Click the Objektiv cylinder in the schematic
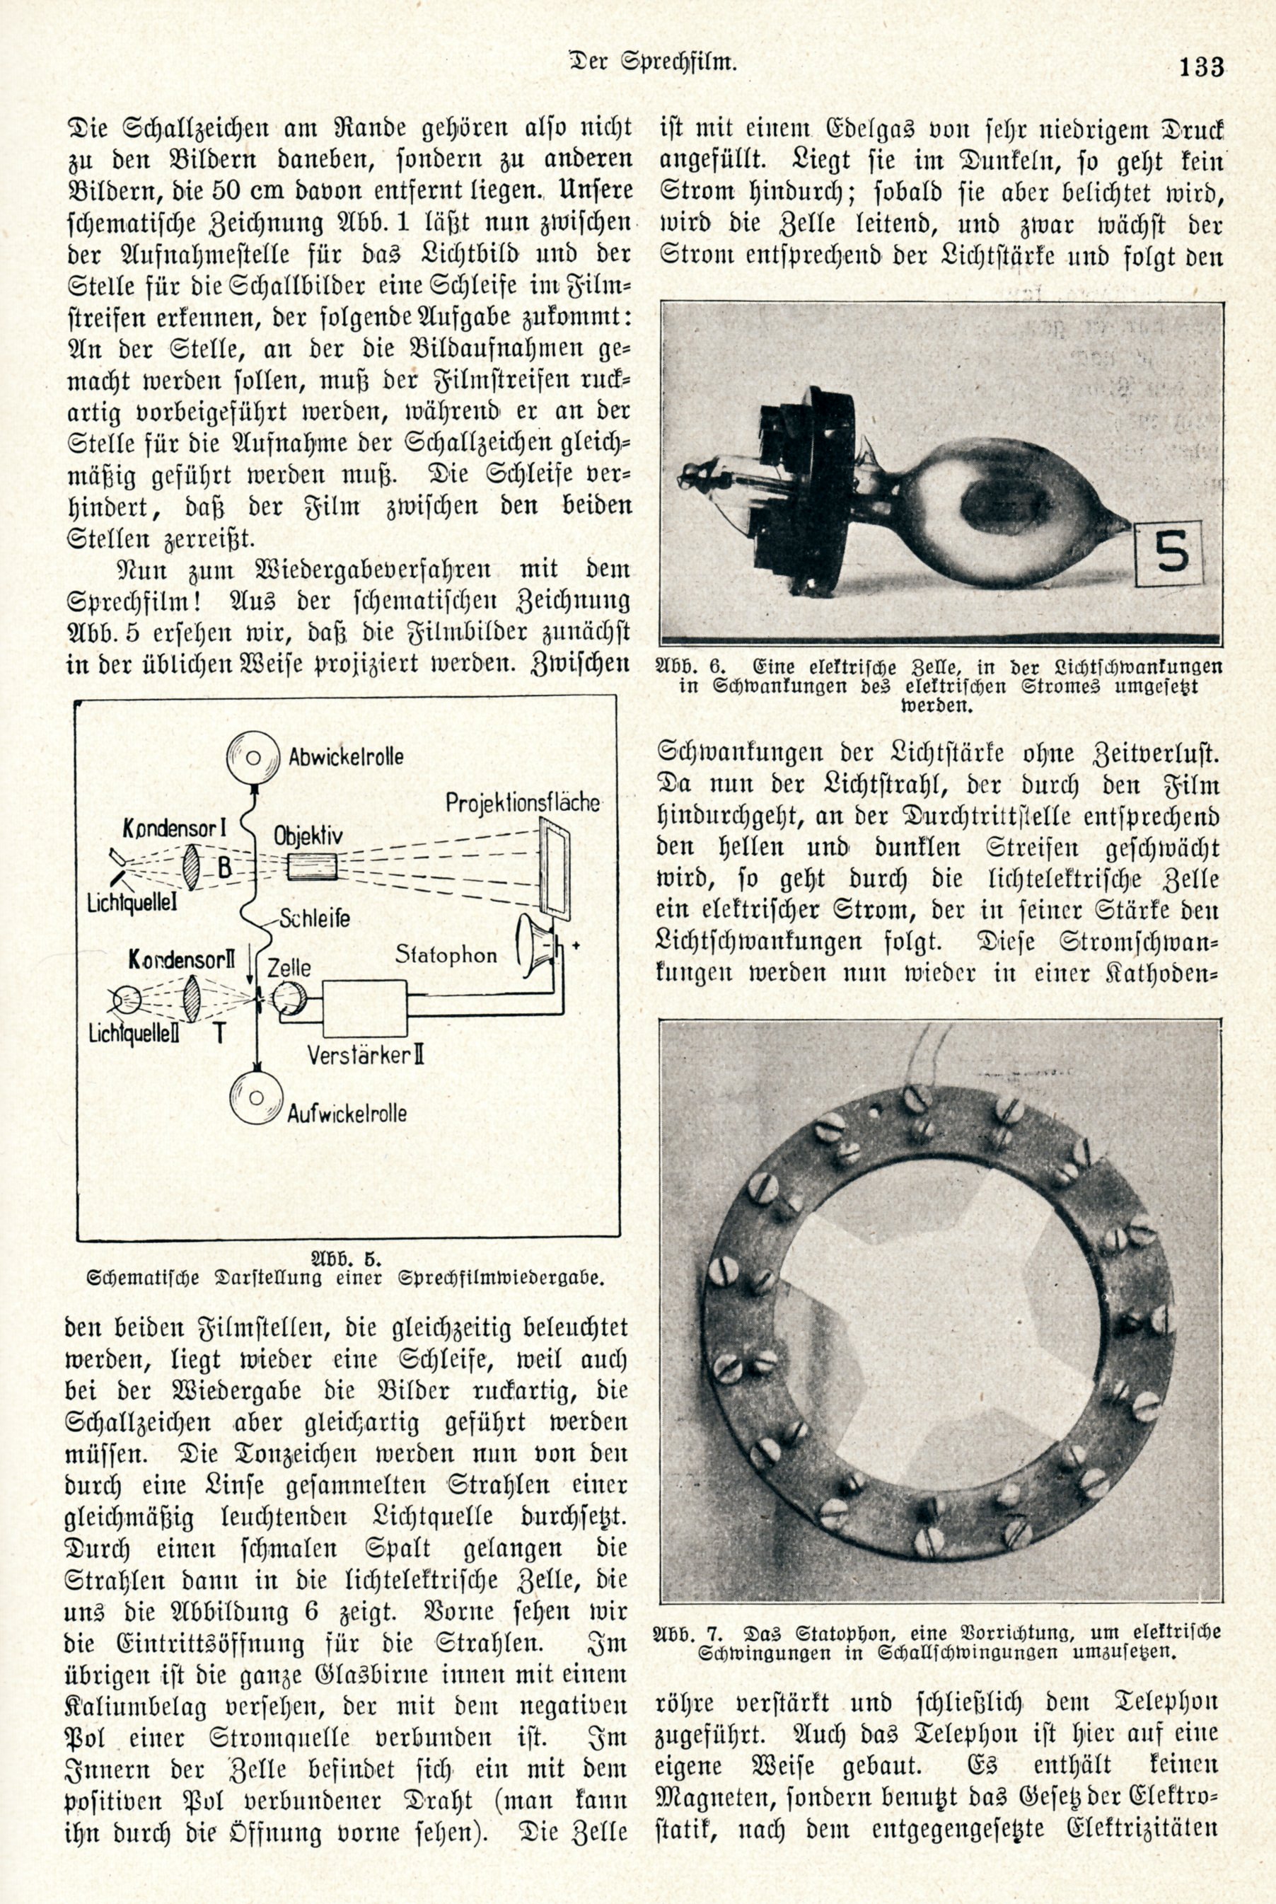click(312, 865)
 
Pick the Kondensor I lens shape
click(193, 864)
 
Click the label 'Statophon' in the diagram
click(446, 955)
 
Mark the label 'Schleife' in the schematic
click(314, 919)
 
